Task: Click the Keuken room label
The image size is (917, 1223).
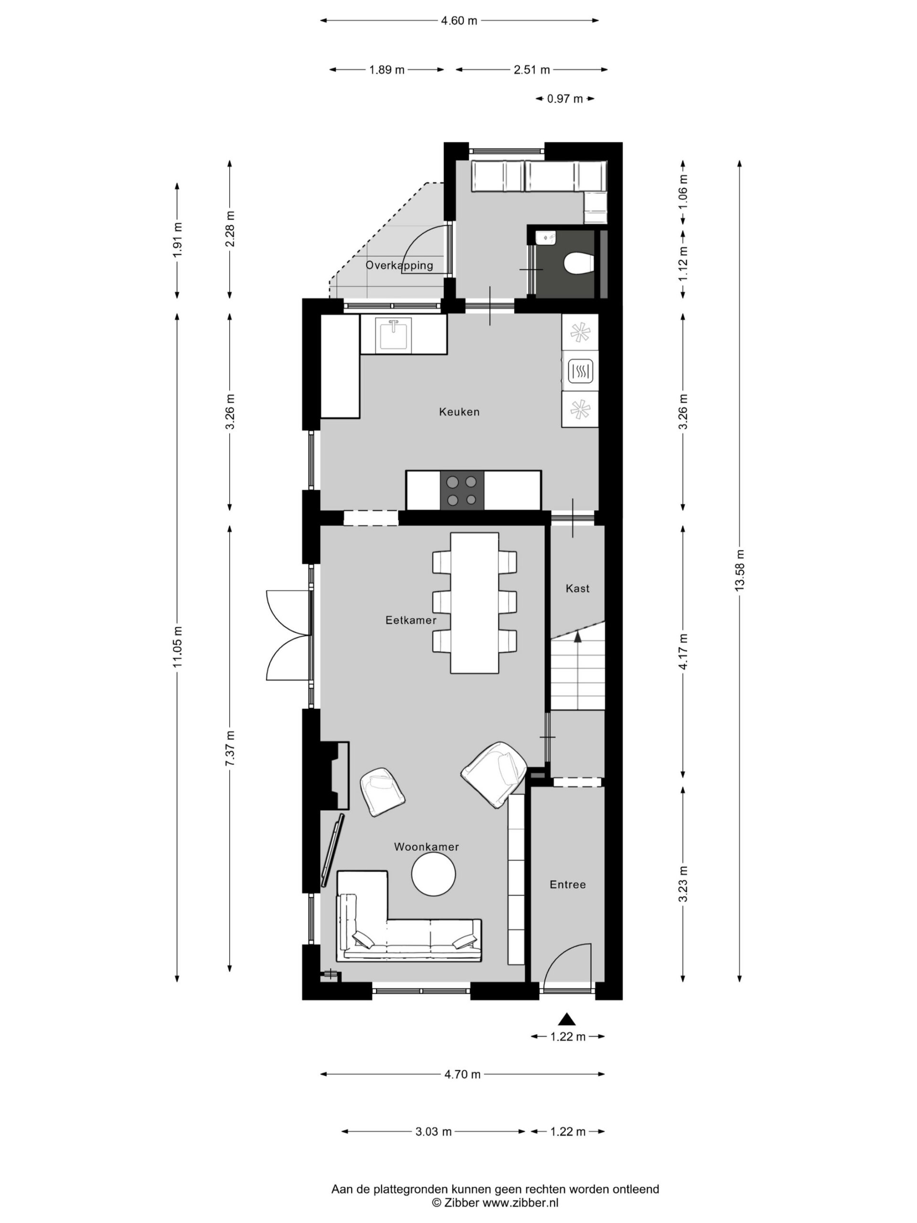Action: tap(459, 412)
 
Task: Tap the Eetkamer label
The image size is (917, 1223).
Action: tap(411, 621)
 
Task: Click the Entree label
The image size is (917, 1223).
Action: tap(567, 885)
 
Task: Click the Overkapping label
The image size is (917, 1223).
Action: tap(399, 266)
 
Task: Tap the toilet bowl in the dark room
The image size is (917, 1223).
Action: tap(579, 263)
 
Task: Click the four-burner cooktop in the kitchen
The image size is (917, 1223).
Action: tap(461, 490)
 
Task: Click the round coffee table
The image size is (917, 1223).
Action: tap(433, 874)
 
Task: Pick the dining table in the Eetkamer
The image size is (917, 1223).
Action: tap(474, 602)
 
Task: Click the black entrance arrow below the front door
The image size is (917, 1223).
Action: tap(566, 1019)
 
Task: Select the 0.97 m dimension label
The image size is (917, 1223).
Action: tap(565, 99)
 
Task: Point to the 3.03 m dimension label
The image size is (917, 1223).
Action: tap(433, 1132)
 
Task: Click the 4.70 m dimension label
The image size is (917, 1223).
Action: tap(463, 1074)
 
